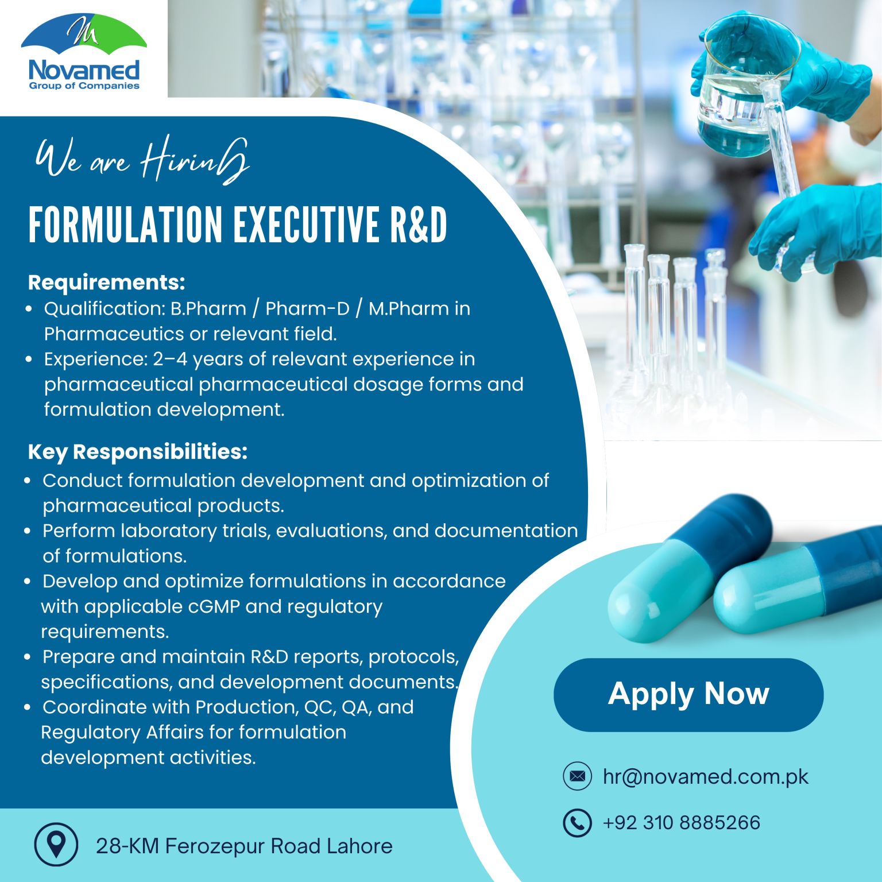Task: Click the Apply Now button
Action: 688,694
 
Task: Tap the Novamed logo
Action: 84,52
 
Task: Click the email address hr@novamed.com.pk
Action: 705,777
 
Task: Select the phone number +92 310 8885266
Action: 681,822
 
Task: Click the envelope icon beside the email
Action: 577,776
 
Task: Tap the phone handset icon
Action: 577,822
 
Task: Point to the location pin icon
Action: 56,844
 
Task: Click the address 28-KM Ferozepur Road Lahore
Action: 244,846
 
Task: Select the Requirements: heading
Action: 107,283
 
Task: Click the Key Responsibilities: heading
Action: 138,452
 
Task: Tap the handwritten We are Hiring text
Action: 142,160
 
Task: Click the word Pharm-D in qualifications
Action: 307,308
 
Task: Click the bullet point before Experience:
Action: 29,359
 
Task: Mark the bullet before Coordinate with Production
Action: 28,707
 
